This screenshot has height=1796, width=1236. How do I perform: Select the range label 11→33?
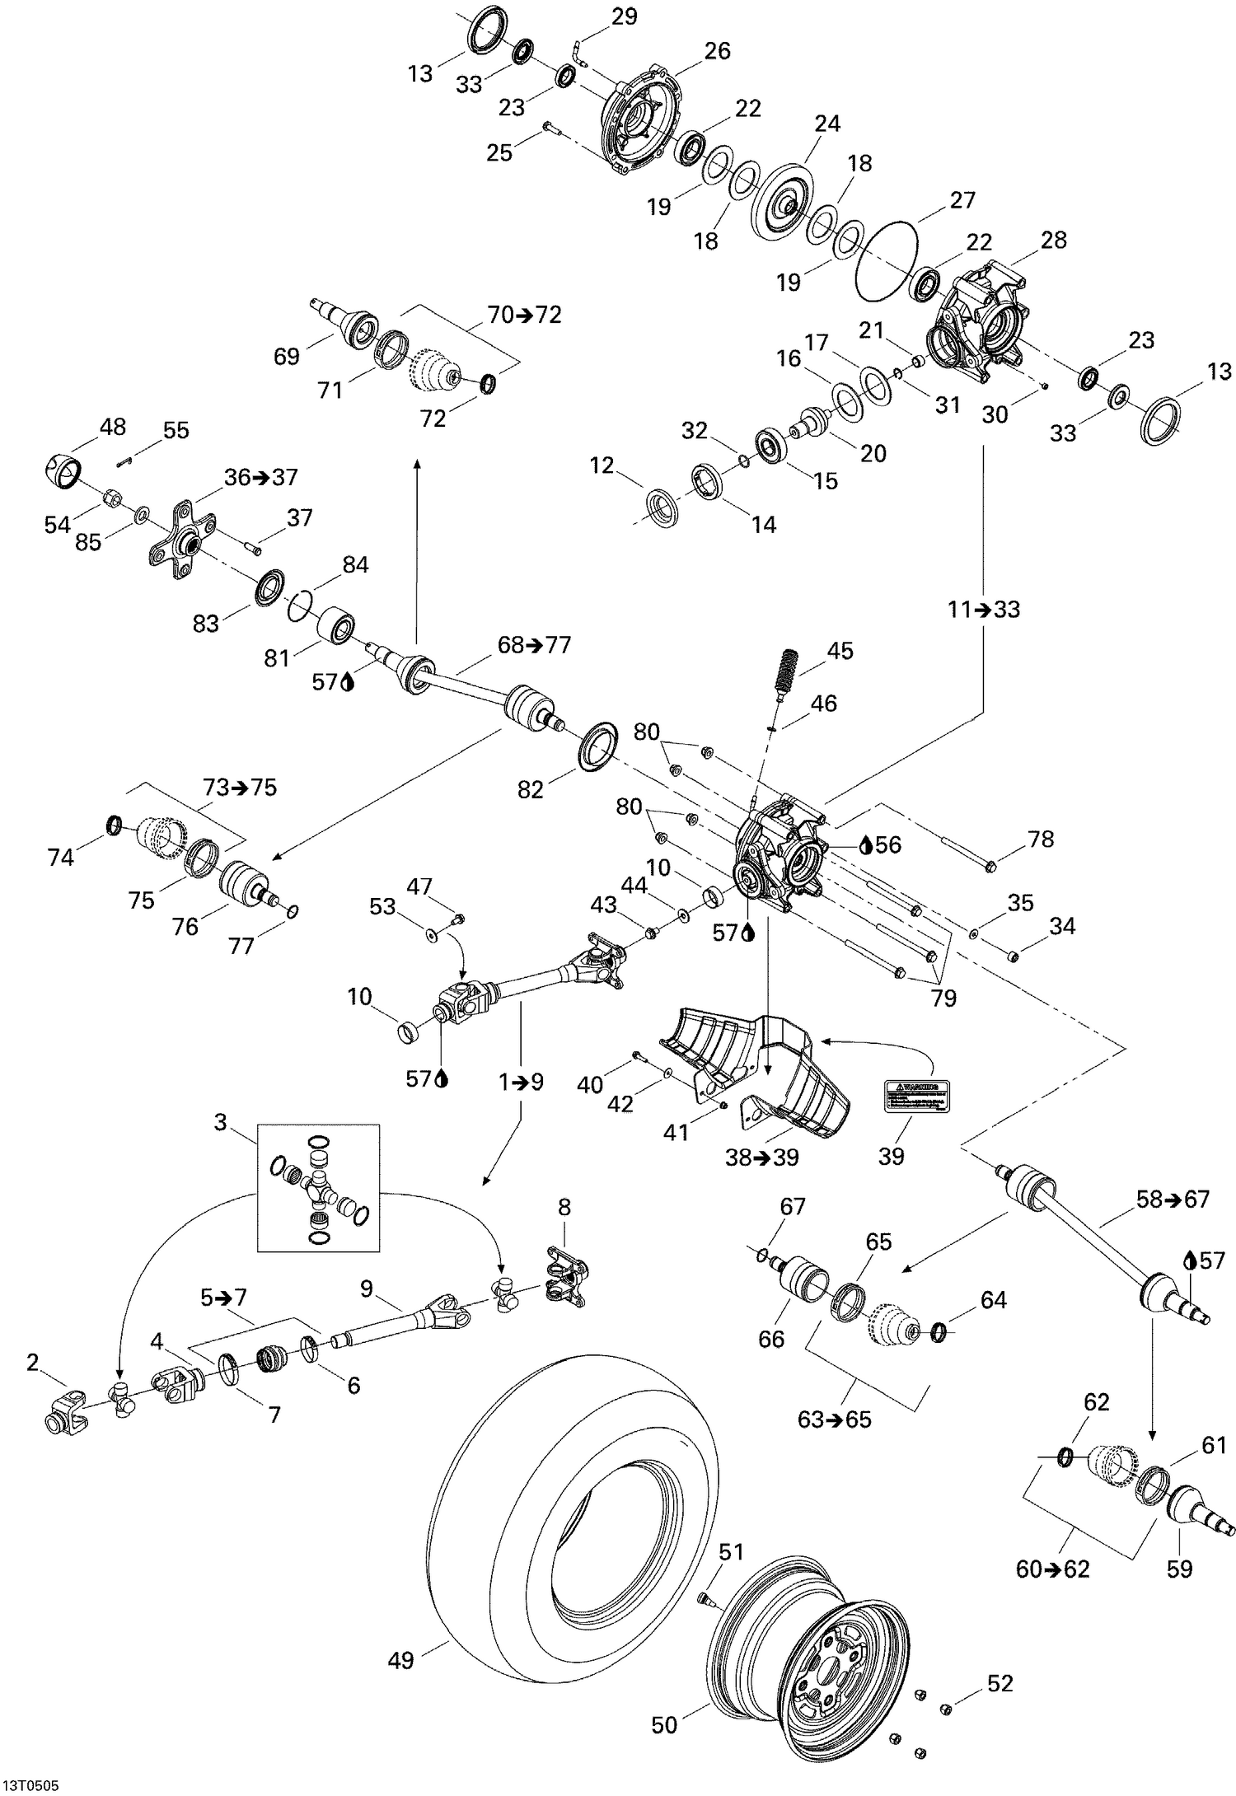[x=983, y=610]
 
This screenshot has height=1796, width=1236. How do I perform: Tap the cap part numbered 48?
[x=63, y=471]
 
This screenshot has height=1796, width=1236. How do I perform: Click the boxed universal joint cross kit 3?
[x=319, y=1186]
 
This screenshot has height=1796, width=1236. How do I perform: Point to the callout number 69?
[x=287, y=357]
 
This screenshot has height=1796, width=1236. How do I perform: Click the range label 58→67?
[x=1173, y=1200]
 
